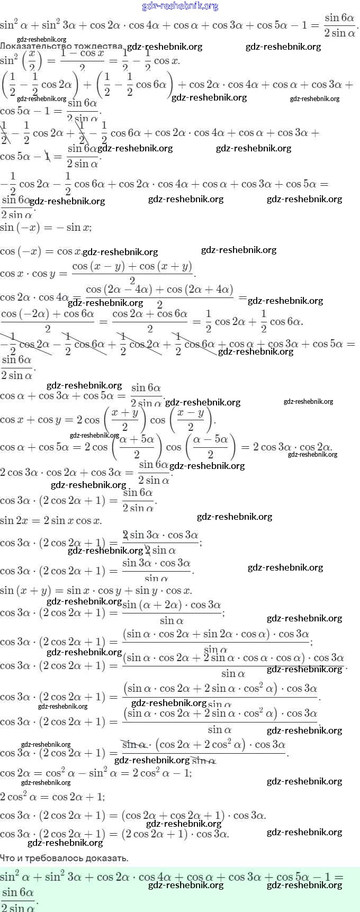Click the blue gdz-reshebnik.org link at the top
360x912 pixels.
pyautogui.click(x=180, y=6)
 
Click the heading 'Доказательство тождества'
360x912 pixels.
pyautogui.click(x=62, y=46)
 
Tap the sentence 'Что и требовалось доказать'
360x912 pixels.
pyautogui.click(x=64, y=858)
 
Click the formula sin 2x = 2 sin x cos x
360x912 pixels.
pyautogui.click(x=51, y=520)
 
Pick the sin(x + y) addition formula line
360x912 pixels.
pyautogui.click(x=96, y=590)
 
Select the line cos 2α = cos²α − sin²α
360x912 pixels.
pyautogui.click(x=96, y=773)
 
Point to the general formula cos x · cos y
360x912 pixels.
pyautogui.click(x=98, y=273)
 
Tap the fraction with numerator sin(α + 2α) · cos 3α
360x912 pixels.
pyautogui.click(x=172, y=612)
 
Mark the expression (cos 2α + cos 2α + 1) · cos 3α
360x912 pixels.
pyautogui.click(x=193, y=815)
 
